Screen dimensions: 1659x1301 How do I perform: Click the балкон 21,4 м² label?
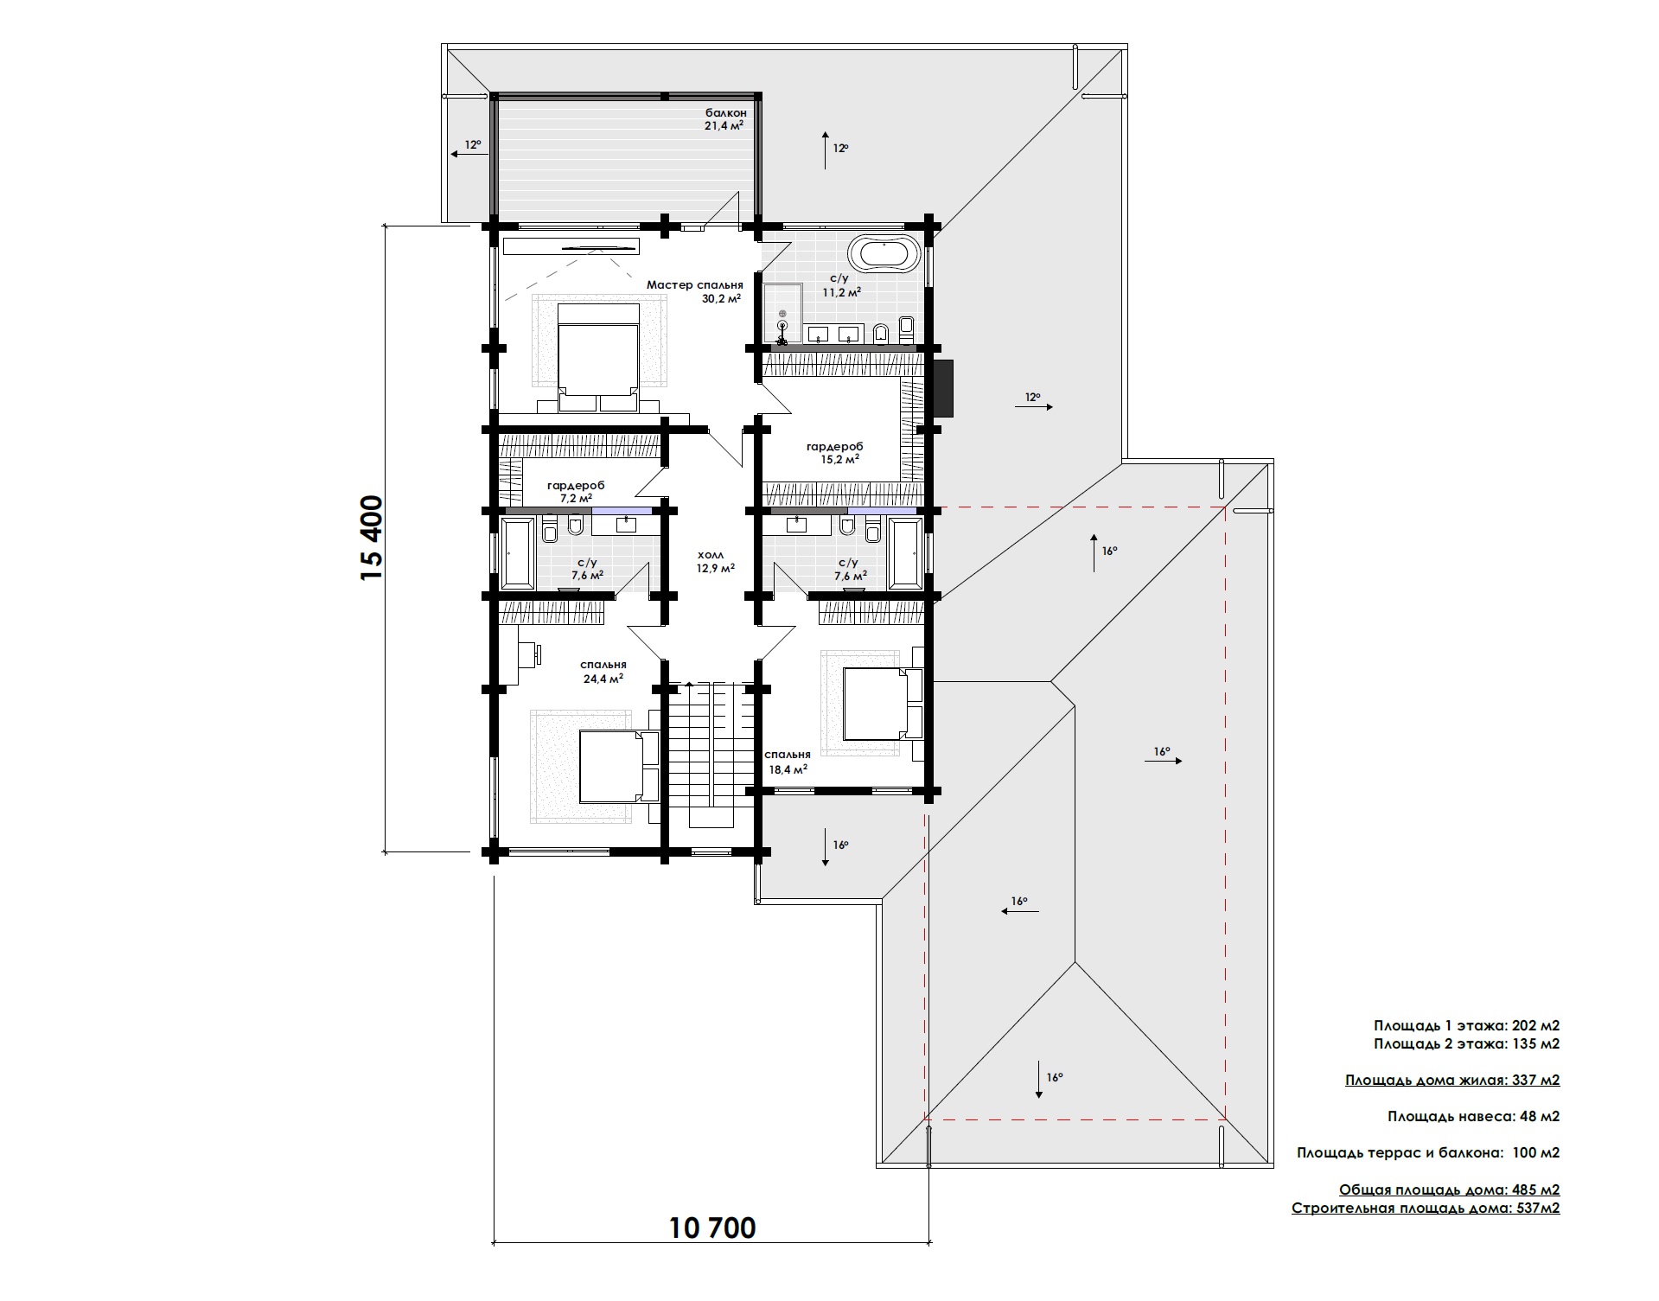(x=724, y=118)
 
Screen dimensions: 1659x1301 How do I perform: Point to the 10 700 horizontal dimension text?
(x=712, y=1228)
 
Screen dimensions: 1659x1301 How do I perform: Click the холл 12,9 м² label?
(x=716, y=562)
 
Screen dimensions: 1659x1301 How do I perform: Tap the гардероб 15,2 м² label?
(x=834, y=453)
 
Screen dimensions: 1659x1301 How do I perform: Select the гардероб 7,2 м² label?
(x=576, y=492)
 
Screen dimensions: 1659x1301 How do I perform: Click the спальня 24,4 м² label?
(x=603, y=672)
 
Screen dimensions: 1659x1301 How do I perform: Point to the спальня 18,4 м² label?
(x=788, y=761)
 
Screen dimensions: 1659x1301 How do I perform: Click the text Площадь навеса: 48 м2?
(x=1473, y=1116)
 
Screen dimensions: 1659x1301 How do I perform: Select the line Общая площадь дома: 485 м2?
(x=1449, y=1190)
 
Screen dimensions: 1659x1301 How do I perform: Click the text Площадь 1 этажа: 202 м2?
(x=1466, y=1025)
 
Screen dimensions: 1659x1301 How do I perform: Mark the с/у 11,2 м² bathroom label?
(x=841, y=285)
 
